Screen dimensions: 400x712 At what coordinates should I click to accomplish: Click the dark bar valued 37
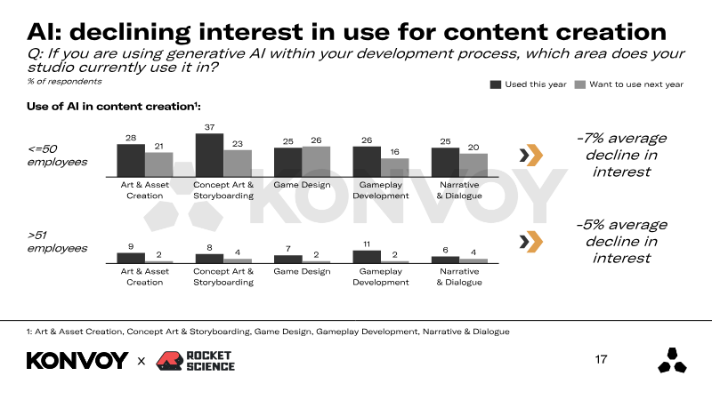(x=209, y=155)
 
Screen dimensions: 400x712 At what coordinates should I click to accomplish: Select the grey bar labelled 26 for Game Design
(x=316, y=161)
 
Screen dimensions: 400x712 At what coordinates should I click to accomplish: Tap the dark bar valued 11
(x=367, y=256)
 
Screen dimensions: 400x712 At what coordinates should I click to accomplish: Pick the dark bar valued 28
(x=131, y=160)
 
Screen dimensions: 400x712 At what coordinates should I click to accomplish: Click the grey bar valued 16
(x=394, y=167)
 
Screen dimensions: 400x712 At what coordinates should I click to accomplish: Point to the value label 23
(x=238, y=143)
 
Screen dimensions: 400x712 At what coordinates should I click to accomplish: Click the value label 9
(x=131, y=245)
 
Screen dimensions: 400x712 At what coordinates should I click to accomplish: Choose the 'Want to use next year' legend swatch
(x=580, y=84)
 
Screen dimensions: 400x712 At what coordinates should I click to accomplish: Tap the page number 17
(x=601, y=360)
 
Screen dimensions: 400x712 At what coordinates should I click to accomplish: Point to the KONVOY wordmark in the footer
(x=77, y=361)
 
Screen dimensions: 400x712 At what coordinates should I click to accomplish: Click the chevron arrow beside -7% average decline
(x=530, y=156)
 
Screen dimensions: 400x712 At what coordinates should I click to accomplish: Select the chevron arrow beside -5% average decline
(x=530, y=241)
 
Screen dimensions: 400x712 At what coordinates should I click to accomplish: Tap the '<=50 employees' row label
(x=58, y=155)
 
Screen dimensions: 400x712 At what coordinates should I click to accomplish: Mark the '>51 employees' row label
(x=58, y=241)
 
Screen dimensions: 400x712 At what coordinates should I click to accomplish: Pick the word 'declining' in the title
(x=150, y=31)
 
